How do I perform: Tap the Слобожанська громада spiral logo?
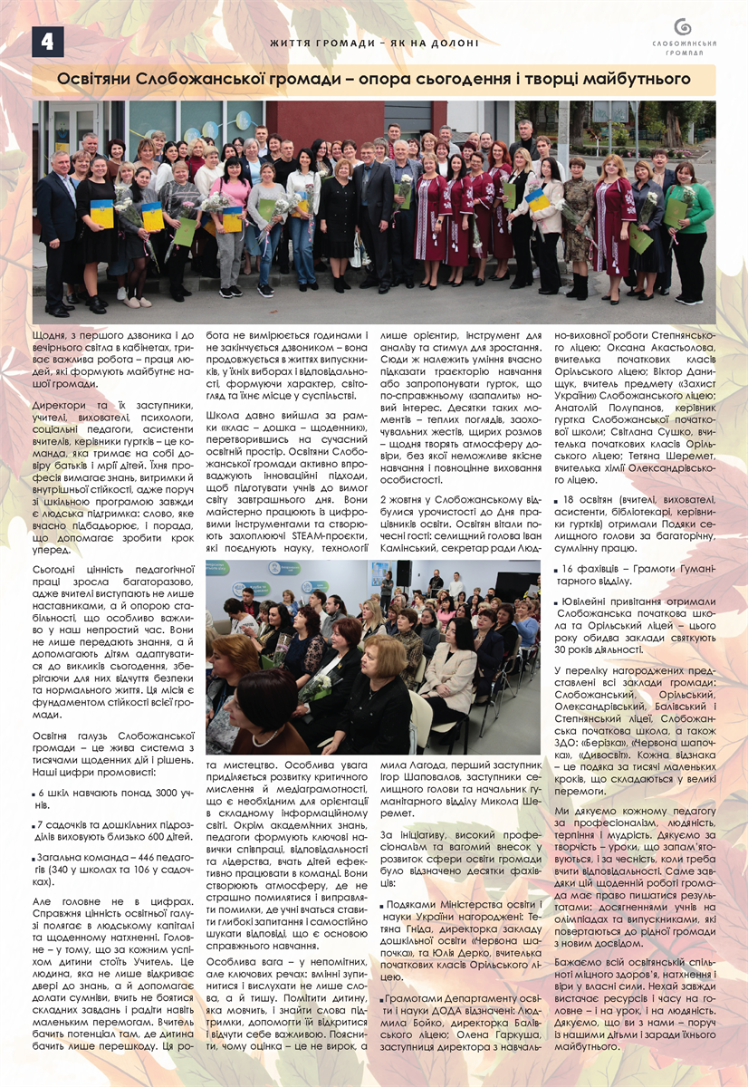pyautogui.click(x=685, y=28)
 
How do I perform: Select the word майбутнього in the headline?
pyautogui.click(x=634, y=80)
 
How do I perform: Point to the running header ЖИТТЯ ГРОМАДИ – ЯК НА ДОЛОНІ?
pyautogui.click(x=374, y=43)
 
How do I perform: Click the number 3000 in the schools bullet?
pyautogui.click(x=143, y=793)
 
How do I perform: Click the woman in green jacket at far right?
pyautogui.click(x=691, y=231)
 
